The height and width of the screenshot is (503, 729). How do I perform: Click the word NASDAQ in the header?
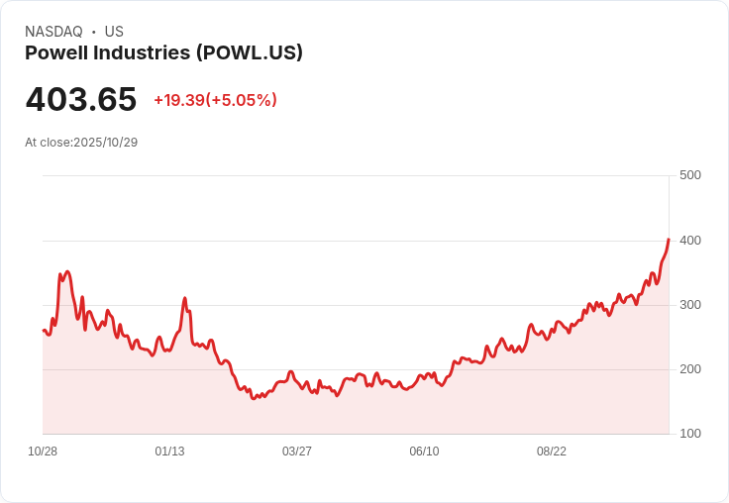[53, 32]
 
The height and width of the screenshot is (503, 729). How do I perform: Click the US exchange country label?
[114, 32]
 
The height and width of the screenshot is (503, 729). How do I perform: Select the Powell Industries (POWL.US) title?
[163, 53]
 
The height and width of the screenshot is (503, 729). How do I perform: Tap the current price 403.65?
[81, 100]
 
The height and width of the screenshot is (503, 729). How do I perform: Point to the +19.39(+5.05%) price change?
[215, 100]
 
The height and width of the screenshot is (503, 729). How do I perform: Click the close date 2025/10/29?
[105, 143]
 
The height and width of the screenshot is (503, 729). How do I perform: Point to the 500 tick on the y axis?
[689, 175]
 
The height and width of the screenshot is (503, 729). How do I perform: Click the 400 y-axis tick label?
[689, 241]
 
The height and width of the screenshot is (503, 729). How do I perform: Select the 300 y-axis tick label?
[689, 305]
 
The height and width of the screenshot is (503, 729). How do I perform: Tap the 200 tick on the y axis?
[689, 369]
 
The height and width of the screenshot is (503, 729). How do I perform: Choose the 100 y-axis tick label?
[689, 434]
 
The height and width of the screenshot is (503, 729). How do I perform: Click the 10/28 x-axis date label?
[43, 452]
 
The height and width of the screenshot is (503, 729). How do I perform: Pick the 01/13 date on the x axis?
[169, 452]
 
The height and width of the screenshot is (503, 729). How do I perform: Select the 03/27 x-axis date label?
[297, 452]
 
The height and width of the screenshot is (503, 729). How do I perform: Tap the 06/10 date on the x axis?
[424, 452]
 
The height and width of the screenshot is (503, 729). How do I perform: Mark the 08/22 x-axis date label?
[552, 452]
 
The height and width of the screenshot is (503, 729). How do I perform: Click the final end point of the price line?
[669, 240]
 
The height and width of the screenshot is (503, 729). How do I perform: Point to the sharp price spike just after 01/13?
[184, 298]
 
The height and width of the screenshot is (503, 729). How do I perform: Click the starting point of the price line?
[44, 330]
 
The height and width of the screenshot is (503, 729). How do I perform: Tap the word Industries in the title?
[145, 53]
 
